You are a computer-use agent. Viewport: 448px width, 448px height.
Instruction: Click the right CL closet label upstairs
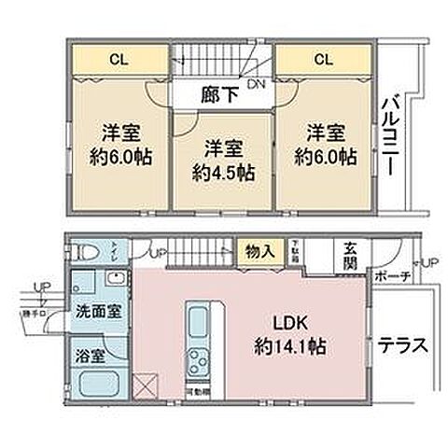[x=322, y=60]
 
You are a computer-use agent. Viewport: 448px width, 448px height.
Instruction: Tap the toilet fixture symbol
[x=86, y=252]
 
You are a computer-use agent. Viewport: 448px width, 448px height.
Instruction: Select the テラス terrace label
[x=402, y=344]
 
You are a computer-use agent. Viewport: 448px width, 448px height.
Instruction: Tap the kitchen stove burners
[x=200, y=358]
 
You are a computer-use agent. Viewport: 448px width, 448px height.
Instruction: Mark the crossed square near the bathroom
[x=145, y=385]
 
